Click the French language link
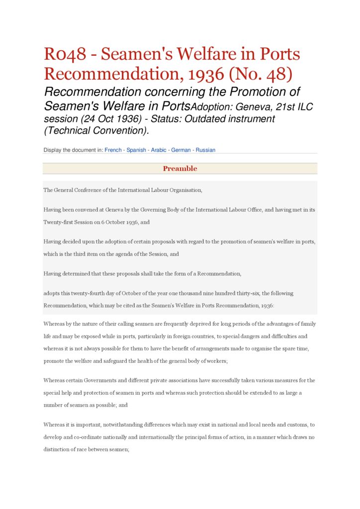coord(113,150)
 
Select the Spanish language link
coord(136,150)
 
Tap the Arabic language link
coord(159,150)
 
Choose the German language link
coord(181,150)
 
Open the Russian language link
coord(205,150)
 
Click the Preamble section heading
coord(180,169)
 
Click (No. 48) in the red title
coord(261,74)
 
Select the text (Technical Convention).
coord(96,131)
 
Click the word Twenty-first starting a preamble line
coord(59,222)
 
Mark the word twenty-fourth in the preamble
coord(87,293)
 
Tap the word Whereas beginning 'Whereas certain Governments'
coord(55,380)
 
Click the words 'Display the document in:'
coord(73,150)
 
